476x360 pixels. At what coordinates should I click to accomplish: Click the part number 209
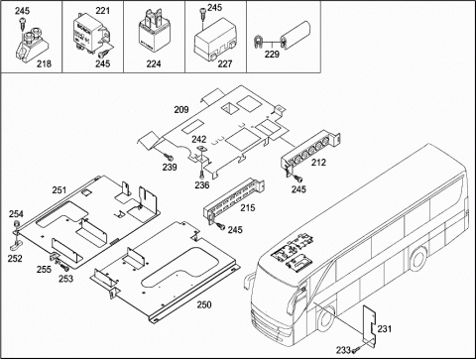coord(181,109)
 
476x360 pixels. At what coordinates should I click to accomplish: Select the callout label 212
coord(318,163)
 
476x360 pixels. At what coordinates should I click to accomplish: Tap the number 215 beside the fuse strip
coord(248,208)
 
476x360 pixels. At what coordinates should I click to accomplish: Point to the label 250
coord(204,304)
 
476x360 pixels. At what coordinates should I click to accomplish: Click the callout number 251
coord(59,190)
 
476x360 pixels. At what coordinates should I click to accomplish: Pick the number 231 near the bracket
coord(385,329)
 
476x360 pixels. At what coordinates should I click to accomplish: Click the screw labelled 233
coord(356,349)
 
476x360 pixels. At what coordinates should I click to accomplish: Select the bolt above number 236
coord(201,174)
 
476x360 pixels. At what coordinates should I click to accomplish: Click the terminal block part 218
coord(33,48)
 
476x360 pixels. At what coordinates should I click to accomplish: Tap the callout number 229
coord(272,55)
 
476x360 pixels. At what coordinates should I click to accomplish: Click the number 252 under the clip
coord(15,259)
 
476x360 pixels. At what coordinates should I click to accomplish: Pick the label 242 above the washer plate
coord(199,140)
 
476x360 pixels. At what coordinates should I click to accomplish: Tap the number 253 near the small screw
coord(65,279)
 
